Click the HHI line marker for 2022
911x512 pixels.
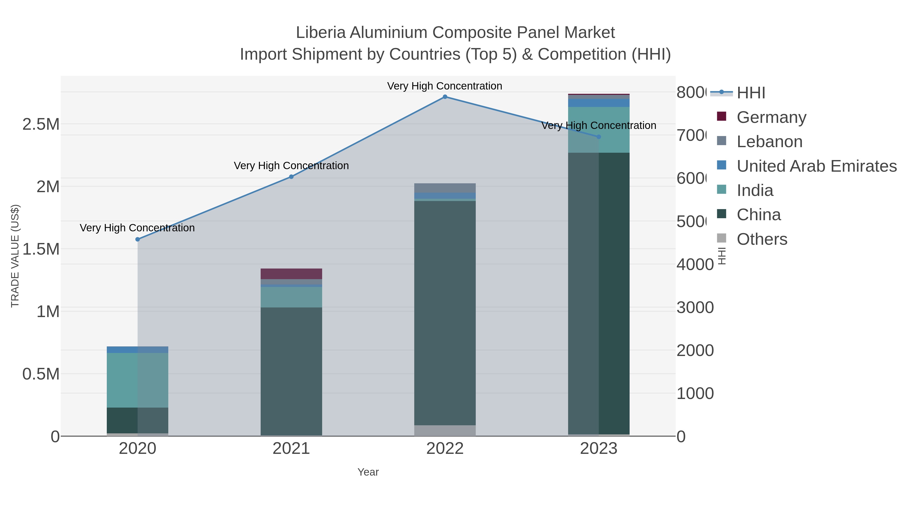445,97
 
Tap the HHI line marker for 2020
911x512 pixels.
138,239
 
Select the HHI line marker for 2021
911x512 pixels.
292,177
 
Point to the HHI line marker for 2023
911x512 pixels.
599,137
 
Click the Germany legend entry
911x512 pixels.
771,117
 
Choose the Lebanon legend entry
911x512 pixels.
770,141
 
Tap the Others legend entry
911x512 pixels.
762,239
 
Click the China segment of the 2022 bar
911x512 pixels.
445,313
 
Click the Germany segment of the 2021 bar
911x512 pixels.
292,274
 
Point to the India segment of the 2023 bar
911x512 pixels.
599,130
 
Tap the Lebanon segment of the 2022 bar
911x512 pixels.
445,188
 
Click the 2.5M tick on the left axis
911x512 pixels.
41,124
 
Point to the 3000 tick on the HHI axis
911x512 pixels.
695,307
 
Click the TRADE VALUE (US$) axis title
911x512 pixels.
15,256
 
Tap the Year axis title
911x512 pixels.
368,472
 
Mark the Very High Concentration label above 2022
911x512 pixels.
445,86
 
